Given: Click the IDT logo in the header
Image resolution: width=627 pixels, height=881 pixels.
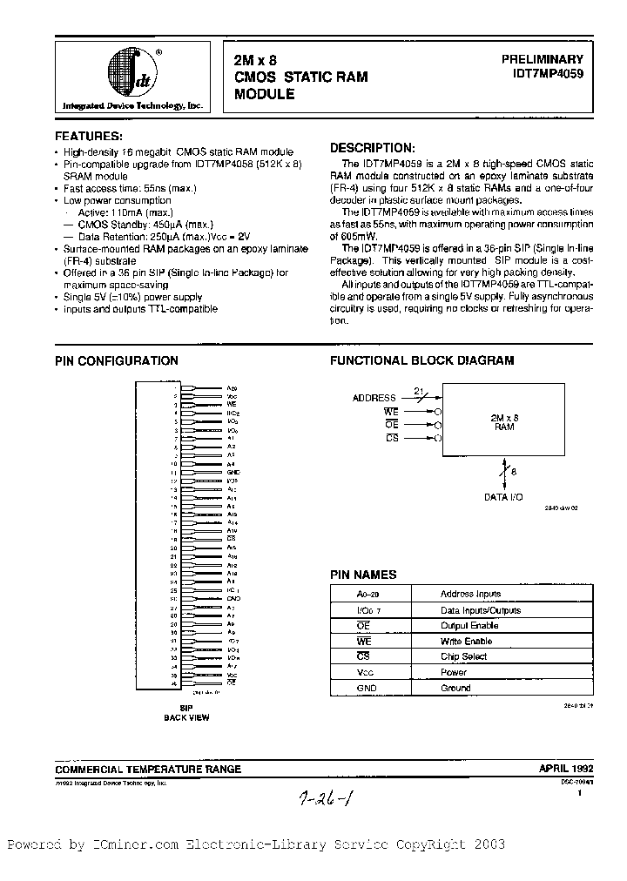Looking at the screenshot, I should (x=131, y=73).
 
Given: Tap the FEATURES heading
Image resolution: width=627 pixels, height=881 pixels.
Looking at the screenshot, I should (x=89, y=137).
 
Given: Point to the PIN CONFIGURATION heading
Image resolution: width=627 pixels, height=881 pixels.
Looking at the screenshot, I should (x=117, y=360).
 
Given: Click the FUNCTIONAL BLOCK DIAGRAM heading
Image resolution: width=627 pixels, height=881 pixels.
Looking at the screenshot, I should (x=421, y=360).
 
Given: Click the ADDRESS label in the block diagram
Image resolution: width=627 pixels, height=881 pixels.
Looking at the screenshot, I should (x=374, y=398).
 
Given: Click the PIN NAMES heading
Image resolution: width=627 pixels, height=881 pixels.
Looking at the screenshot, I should (x=363, y=575).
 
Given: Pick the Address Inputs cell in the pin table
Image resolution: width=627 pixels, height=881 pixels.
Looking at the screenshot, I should (x=470, y=595).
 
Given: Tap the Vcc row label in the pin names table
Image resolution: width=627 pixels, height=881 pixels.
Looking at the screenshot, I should (x=341, y=672).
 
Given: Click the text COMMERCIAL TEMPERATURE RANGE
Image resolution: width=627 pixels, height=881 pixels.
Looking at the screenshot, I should (x=148, y=770).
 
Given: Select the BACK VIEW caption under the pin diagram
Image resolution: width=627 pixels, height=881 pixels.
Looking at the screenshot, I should (x=185, y=718).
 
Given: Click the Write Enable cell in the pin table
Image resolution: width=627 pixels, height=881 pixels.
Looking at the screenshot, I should (x=467, y=642).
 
